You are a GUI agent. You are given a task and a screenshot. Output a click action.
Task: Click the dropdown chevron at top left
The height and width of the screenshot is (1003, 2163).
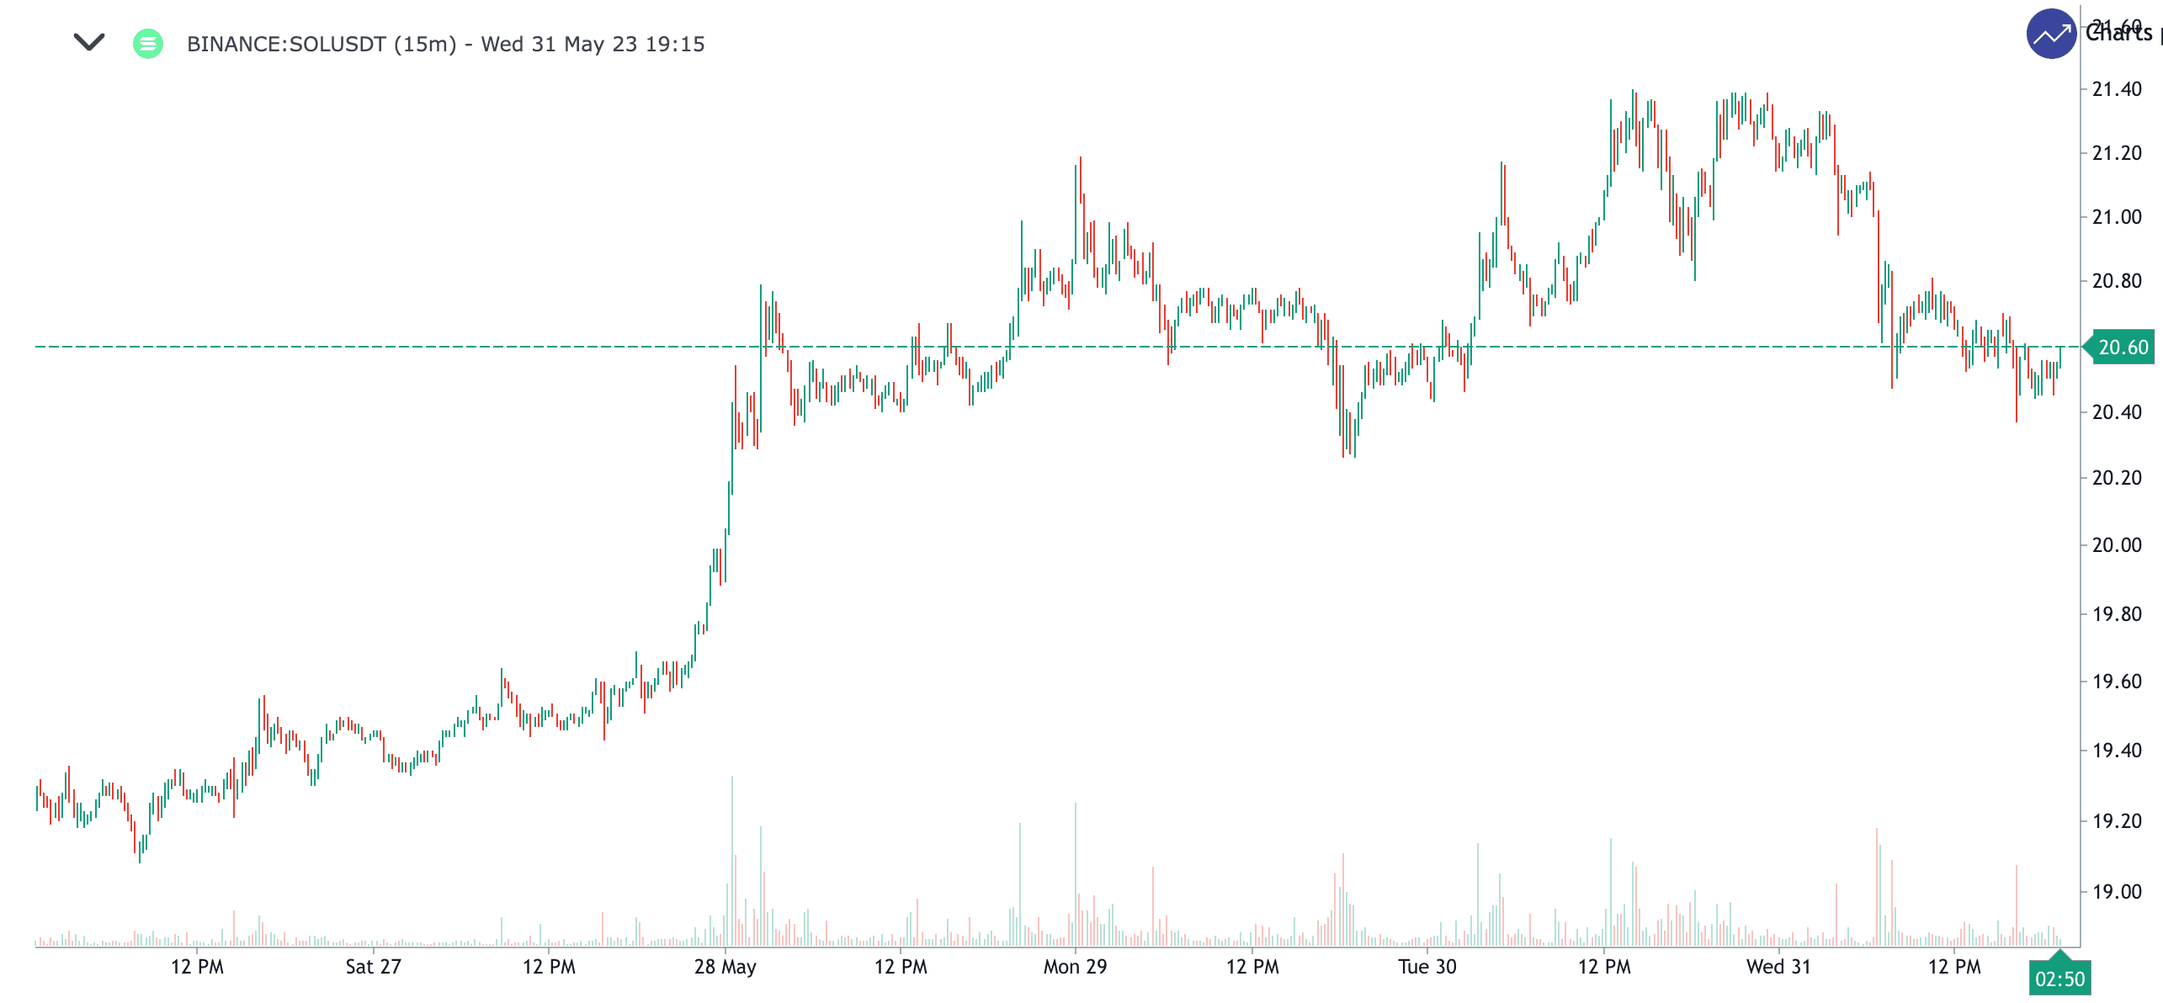[x=88, y=42]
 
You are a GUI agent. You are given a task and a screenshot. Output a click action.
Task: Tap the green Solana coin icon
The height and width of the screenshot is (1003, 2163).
[x=148, y=43]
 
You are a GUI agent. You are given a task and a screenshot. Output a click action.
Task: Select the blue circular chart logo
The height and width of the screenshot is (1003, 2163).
[x=2051, y=34]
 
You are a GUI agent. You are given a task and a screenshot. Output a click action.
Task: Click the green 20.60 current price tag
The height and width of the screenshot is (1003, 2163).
[x=2122, y=348]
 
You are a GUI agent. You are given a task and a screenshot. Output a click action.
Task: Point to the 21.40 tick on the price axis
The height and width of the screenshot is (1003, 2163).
[x=2117, y=89]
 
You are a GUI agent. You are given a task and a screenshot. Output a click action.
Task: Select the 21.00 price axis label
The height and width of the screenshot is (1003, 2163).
[x=2117, y=217]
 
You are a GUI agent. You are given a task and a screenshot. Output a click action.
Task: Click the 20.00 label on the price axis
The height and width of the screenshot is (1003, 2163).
[x=2117, y=545]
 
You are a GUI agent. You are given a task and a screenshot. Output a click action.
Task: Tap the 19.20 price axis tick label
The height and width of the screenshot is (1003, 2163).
[x=2117, y=821]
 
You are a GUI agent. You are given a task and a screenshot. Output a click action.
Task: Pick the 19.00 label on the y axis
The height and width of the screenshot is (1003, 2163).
[x=2117, y=892]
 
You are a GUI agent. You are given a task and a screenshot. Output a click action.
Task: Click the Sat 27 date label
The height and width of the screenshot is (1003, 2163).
[x=373, y=967]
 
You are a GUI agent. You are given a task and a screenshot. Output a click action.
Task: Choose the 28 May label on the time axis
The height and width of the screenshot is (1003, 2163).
[x=725, y=967]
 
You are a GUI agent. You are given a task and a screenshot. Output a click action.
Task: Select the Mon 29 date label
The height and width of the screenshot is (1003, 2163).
[x=1075, y=967]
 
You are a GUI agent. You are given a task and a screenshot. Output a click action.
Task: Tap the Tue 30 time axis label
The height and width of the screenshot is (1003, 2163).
[x=1427, y=967]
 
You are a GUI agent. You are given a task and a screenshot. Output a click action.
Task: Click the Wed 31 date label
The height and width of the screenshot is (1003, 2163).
[x=1778, y=967]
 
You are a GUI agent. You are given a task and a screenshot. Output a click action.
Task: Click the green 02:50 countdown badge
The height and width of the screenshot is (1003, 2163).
[x=2059, y=979]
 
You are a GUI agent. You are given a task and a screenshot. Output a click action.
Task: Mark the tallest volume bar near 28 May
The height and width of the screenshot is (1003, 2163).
[x=732, y=858]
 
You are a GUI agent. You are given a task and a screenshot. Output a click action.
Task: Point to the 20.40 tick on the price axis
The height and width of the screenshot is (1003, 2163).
[x=2117, y=412]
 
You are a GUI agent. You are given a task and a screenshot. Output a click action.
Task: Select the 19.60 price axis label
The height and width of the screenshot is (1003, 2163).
[x=2117, y=682]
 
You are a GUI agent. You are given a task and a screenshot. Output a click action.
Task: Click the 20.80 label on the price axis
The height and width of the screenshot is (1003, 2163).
[x=2117, y=281]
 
